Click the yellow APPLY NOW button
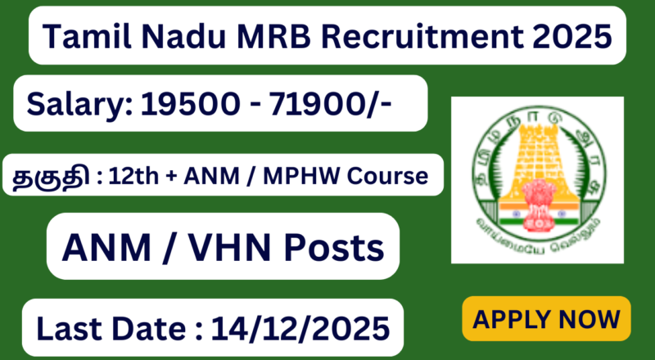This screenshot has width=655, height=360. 547,317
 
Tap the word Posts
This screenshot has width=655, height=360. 327,245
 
